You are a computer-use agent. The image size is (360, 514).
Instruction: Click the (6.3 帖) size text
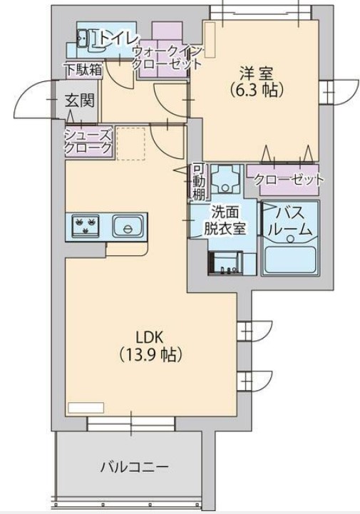257,91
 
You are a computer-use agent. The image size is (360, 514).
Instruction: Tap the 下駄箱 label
85,70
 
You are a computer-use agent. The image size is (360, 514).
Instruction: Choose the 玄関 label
81,101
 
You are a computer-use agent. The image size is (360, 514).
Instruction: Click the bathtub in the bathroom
290,259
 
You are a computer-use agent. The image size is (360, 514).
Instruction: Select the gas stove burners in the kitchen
86,227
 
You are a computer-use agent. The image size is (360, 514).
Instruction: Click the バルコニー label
134,468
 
